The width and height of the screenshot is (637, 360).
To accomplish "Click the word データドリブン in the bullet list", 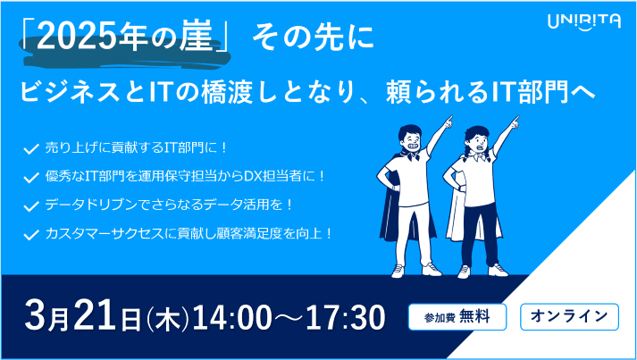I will [x=98, y=205].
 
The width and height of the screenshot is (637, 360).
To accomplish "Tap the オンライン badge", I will [x=569, y=316].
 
